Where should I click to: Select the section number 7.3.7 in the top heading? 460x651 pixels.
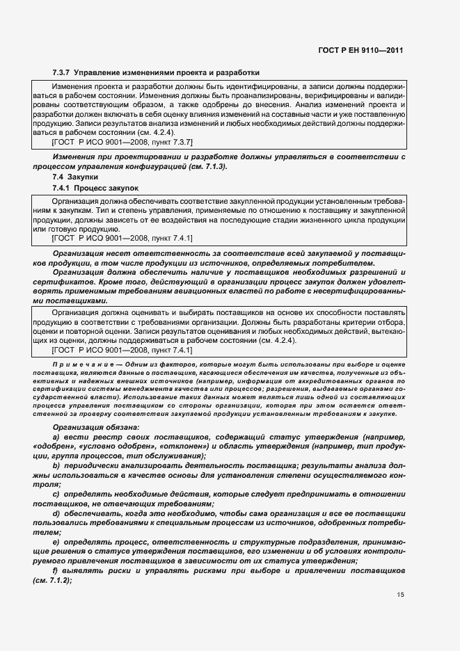[x=62, y=72]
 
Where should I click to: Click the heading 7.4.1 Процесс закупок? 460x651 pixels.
[x=95, y=188]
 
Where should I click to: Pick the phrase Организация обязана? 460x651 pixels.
[x=95, y=426]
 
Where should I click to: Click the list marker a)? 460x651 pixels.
[x=56, y=436]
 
